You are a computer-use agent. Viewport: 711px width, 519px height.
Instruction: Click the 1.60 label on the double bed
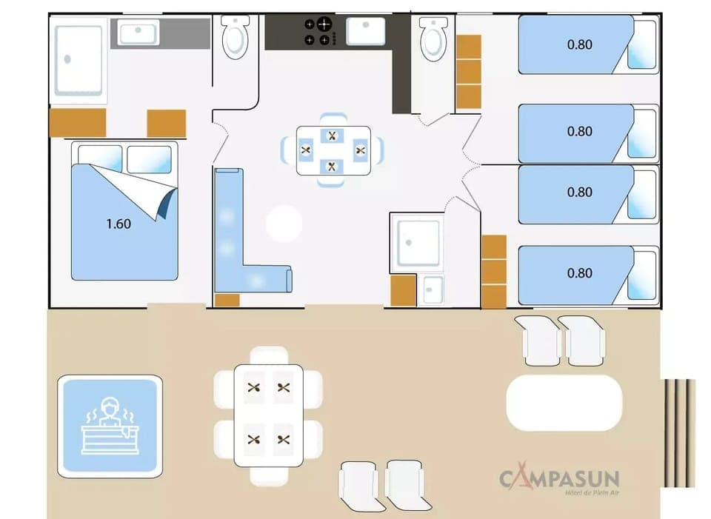[x=118, y=224]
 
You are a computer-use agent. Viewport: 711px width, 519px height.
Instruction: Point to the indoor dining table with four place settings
[x=333, y=150]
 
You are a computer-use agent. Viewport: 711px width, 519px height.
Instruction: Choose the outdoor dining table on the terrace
[x=268, y=415]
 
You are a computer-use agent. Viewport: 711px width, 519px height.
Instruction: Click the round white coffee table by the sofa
[x=284, y=224]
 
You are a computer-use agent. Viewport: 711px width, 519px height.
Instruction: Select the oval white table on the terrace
[x=564, y=403]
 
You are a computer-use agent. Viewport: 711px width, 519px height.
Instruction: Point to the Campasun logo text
[x=559, y=479]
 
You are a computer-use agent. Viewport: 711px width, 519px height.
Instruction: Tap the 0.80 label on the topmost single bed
[x=579, y=44]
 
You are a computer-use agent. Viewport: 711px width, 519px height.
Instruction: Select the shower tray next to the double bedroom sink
[x=78, y=58]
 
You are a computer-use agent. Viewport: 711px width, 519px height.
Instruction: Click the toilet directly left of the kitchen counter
[x=236, y=38]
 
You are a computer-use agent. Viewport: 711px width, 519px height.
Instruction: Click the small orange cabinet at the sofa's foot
[x=227, y=300]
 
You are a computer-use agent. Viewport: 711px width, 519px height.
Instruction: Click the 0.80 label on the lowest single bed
[x=579, y=273]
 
